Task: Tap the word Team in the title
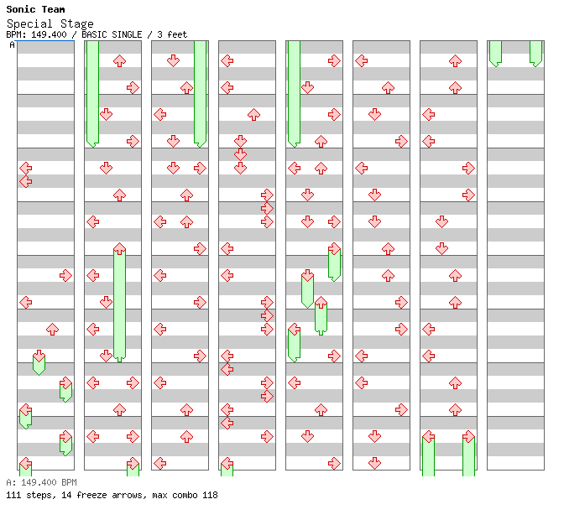[x=52, y=9]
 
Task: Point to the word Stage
[x=77, y=23]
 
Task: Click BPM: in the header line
[x=15, y=34]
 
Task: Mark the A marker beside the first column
[x=12, y=44]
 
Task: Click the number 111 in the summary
[x=13, y=495]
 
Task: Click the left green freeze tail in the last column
[x=495, y=52]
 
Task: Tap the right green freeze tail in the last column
[x=535, y=52]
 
